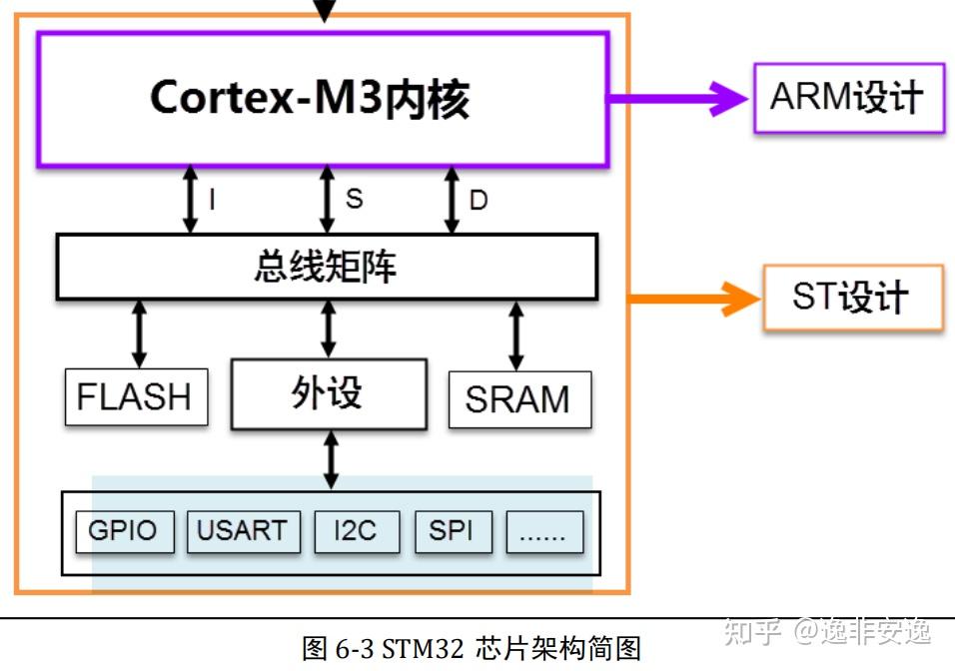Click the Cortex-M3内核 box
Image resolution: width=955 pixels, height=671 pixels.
(x=322, y=99)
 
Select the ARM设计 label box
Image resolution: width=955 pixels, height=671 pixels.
(x=848, y=97)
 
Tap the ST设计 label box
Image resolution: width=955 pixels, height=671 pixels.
(x=852, y=298)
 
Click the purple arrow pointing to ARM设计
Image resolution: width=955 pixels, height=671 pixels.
(x=679, y=98)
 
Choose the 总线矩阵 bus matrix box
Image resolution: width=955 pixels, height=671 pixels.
(x=326, y=267)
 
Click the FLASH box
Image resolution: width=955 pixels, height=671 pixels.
(x=136, y=397)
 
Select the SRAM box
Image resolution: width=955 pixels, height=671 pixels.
(x=518, y=399)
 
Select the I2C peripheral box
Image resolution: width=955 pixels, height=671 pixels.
(x=356, y=530)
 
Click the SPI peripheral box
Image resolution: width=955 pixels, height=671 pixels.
(x=453, y=530)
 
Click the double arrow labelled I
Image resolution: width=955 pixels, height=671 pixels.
(x=190, y=201)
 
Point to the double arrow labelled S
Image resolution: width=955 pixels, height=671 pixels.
(x=326, y=201)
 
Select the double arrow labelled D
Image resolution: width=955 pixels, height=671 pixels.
(x=451, y=201)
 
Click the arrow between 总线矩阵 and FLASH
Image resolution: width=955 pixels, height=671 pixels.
(x=139, y=335)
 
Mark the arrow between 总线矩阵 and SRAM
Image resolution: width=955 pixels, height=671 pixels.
(x=515, y=335)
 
